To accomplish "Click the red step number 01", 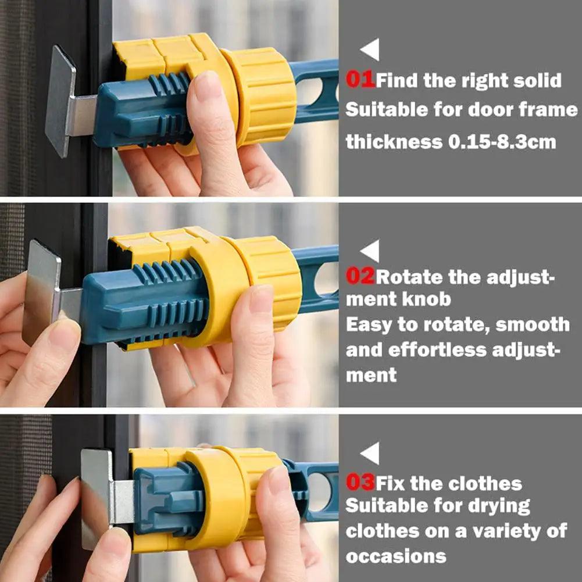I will pos(360,80).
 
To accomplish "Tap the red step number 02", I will pos(360,276).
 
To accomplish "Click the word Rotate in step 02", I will pos(410,276).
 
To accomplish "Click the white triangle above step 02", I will pos(370,251).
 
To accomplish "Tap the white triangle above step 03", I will pos(370,453).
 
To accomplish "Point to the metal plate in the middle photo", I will pos(41,291).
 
